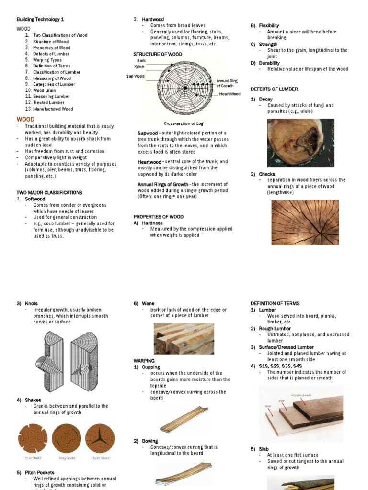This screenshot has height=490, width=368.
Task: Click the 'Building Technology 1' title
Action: [40, 19]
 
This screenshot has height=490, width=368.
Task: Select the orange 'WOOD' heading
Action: [25, 119]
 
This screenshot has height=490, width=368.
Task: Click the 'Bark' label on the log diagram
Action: [141, 61]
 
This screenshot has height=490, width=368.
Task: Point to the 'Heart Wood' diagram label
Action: [230, 94]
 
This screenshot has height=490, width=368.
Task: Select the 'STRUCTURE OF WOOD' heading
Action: [158, 55]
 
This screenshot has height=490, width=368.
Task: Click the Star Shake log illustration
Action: [33, 439]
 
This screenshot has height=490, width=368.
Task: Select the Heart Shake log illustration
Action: [100, 439]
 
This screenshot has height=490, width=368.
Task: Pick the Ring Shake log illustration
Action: [66, 439]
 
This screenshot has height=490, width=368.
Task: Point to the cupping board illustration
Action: [184, 419]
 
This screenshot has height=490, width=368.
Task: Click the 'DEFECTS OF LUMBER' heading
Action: [274, 89]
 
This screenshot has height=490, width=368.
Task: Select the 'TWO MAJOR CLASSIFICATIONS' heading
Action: [49, 193]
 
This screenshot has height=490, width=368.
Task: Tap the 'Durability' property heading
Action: [269, 63]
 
